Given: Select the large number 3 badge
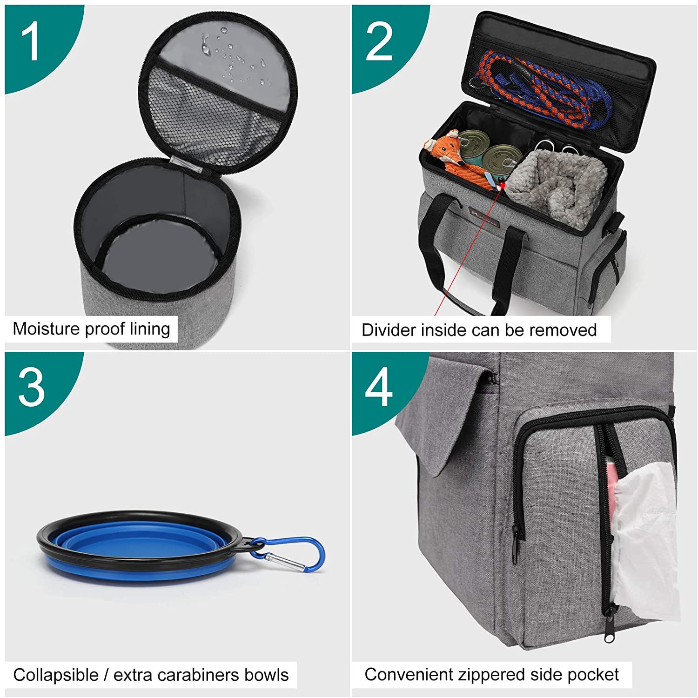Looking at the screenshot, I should pyautogui.click(x=32, y=387).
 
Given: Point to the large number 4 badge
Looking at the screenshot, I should pyautogui.click(x=379, y=387).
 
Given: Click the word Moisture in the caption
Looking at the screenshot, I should pyautogui.click(x=46, y=329).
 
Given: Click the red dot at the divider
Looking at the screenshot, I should pyautogui.click(x=502, y=186).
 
